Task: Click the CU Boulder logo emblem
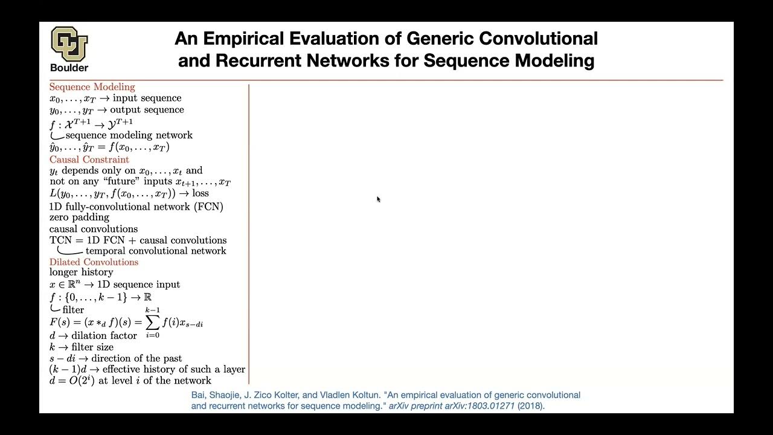69,43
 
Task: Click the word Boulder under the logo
69,68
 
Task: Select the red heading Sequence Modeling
92,87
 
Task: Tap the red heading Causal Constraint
89,159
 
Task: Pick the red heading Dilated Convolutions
94,262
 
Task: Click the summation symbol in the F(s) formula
152,323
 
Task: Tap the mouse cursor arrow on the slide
378,199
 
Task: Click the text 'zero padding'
79,217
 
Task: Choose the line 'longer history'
81,272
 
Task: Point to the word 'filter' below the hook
73,310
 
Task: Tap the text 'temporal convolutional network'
156,251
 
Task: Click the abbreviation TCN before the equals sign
60,240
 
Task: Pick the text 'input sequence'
147,98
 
